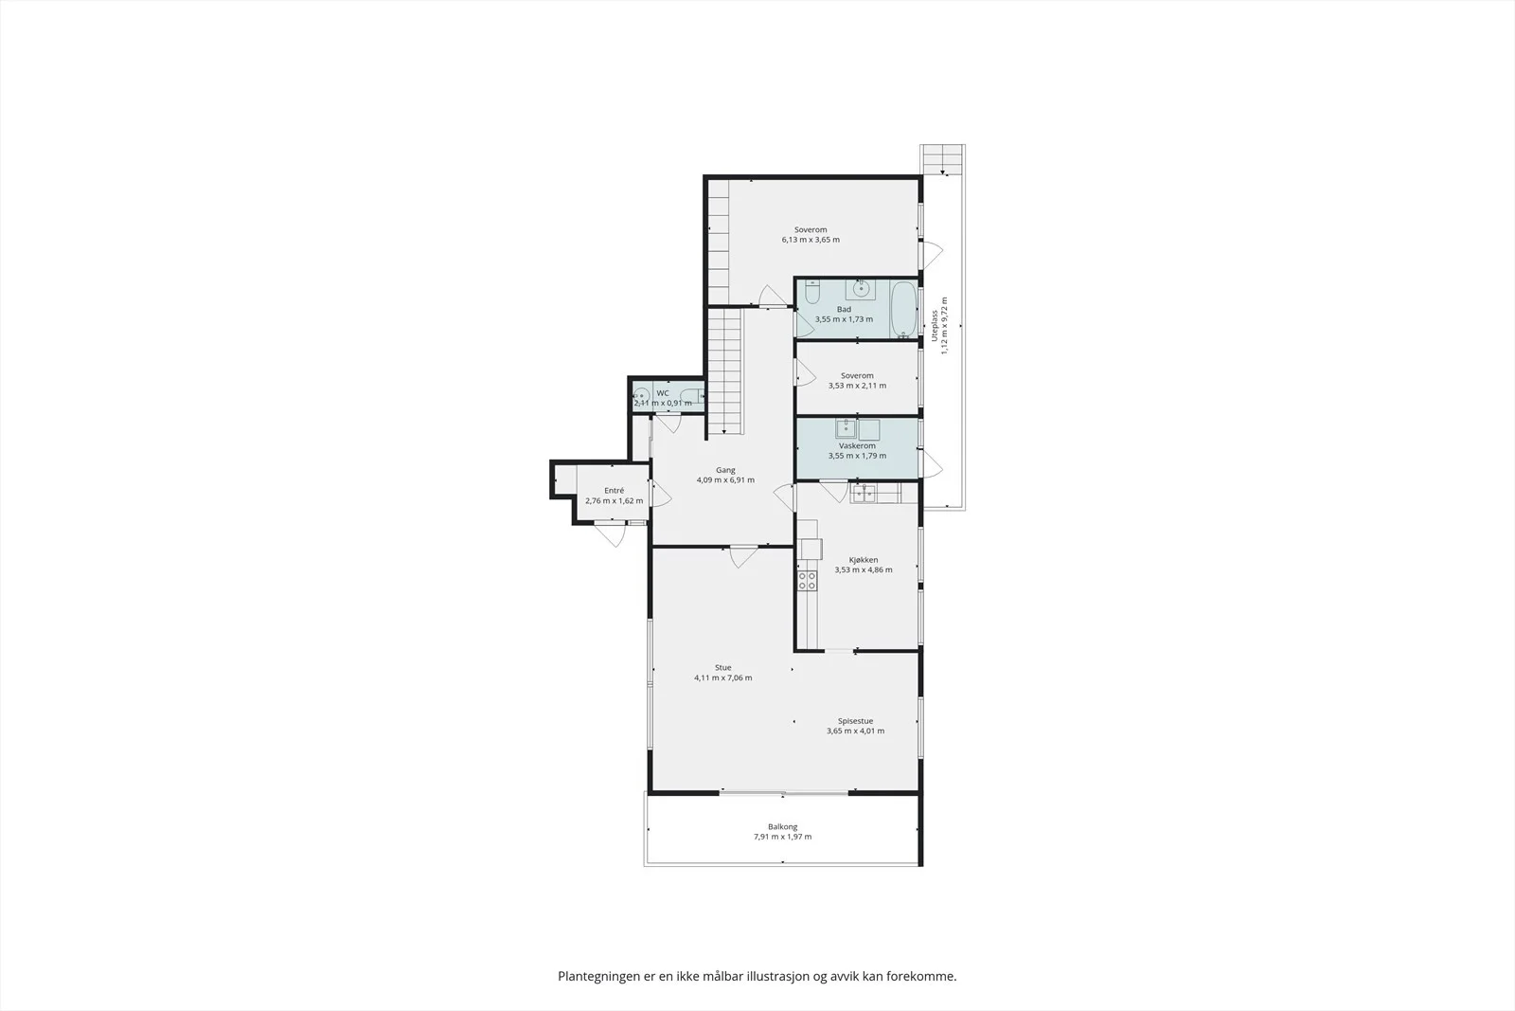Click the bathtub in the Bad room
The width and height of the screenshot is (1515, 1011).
click(x=904, y=309)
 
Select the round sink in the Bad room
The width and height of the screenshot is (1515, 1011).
click(x=861, y=289)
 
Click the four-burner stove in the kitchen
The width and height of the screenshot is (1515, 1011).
click(x=807, y=580)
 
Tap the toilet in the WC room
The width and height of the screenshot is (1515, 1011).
click(x=691, y=396)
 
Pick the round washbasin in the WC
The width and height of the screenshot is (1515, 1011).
click(x=642, y=395)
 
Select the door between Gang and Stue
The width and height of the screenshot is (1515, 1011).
click(x=743, y=556)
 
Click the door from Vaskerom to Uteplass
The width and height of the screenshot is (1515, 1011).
click(x=932, y=463)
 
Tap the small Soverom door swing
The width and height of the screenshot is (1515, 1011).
click(x=805, y=372)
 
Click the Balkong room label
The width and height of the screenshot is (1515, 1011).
click(x=782, y=826)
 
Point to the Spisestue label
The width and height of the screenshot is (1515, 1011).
click(x=856, y=721)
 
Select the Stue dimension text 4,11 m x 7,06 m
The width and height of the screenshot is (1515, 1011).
click(x=723, y=677)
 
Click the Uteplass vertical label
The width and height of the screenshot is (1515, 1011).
click(x=935, y=326)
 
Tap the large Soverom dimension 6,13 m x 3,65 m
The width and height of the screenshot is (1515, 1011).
click(x=811, y=240)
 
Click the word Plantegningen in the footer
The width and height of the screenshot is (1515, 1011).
click(x=597, y=977)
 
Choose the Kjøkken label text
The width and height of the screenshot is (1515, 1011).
click(x=864, y=560)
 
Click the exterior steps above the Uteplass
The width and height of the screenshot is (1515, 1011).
click(x=942, y=159)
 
